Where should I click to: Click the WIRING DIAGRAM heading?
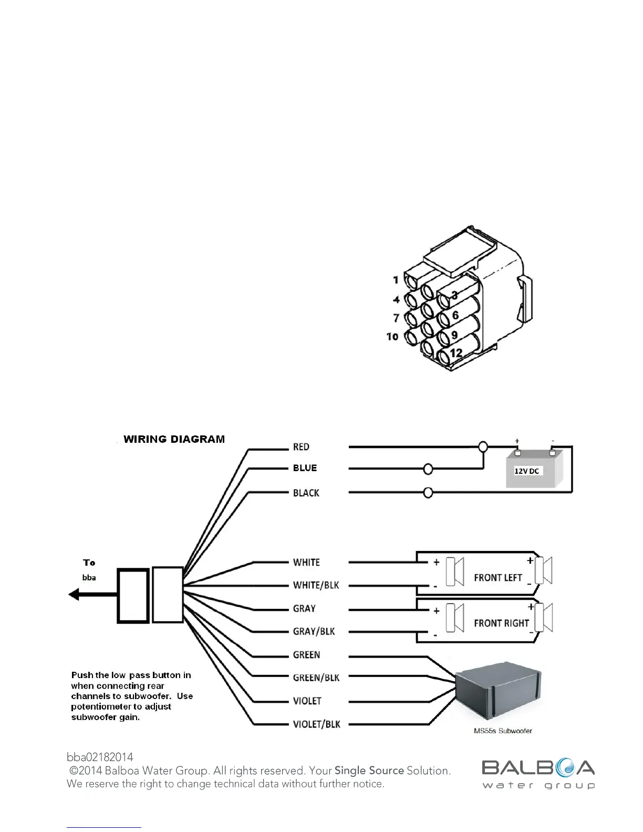(x=174, y=439)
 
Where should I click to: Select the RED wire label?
(x=301, y=447)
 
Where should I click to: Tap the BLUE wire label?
(x=305, y=468)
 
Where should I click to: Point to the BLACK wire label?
(x=306, y=493)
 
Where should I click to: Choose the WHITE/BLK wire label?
(x=316, y=585)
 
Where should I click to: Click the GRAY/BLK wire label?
(x=314, y=631)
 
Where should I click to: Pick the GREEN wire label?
(x=306, y=655)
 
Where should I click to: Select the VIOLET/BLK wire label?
(x=316, y=724)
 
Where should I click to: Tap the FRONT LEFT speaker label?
(x=497, y=578)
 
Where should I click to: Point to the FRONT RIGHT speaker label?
(x=501, y=623)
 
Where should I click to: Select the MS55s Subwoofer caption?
(x=503, y=731)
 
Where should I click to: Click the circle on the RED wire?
(x=483, y=447)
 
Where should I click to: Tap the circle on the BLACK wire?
(x=428, y=493)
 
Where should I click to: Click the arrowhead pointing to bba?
(x=74, y=595)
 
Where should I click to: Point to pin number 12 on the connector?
(x=455, y=353)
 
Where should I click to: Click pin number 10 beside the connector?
(x=392, y=336)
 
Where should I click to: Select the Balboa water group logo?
(x=538, y=774)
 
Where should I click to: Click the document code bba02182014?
(x=100, y=757)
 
